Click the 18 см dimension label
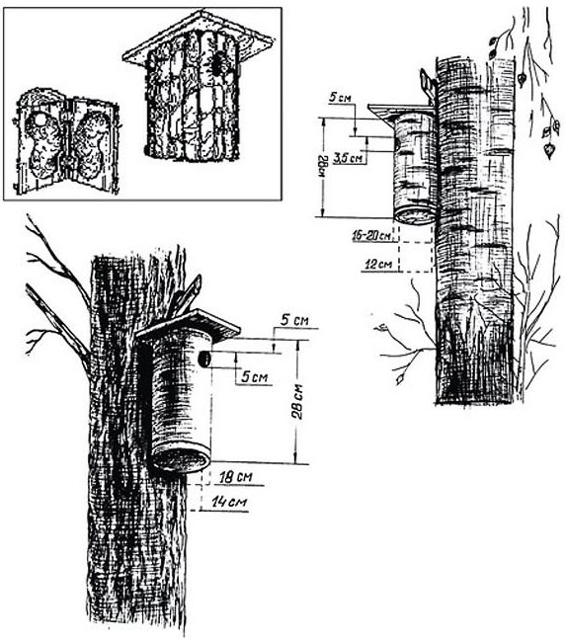click(236, 477)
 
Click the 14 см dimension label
click(229, 502)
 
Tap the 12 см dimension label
click(378, 265)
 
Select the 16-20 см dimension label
click(371, 236)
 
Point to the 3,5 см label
click(348, 158)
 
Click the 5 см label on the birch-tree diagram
click(340, 98)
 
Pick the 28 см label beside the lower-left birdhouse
click(298, 401)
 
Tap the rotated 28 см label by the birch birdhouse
click(324, 167)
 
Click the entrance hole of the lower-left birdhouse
click(204, 360)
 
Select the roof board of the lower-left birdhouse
click(188, 326)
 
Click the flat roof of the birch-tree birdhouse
click(401, 110)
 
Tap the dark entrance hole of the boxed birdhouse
click(217, 64)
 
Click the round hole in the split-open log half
click(40, 120)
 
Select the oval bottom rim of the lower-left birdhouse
click(181, 460)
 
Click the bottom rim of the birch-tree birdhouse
click(416, 215)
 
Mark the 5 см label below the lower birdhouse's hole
click(254, 376)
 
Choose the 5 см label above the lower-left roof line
click(294, 320)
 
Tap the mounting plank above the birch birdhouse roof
click(428, 84)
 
